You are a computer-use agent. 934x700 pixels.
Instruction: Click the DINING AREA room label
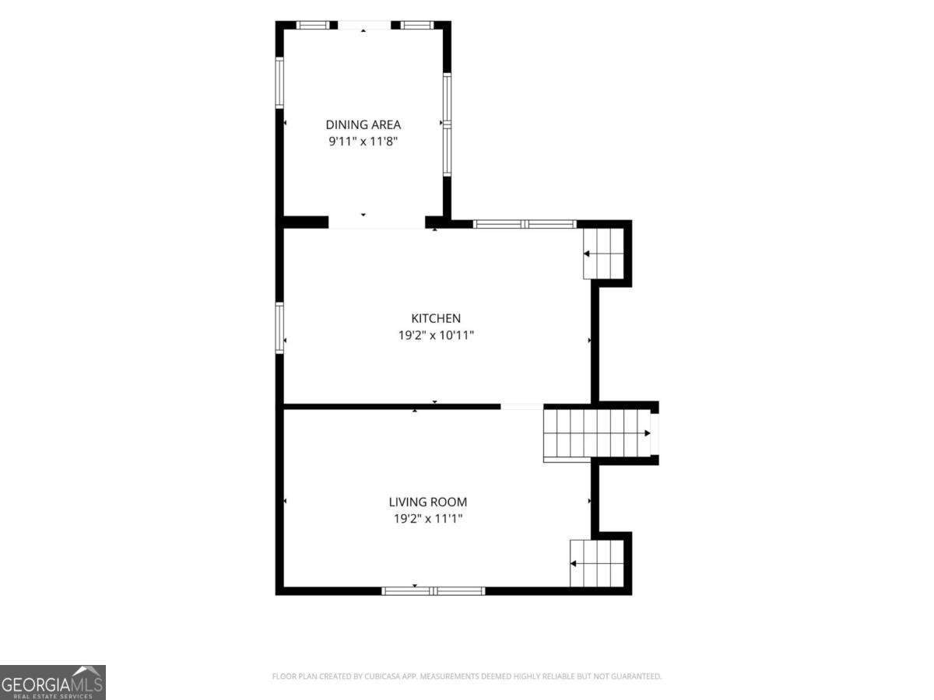click(363, 124)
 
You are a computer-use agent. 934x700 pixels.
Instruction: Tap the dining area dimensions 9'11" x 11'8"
click(363, 141)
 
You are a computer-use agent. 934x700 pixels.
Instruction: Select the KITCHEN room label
click(436, 318)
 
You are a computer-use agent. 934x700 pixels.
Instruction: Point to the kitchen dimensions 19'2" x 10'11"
click(436, 335)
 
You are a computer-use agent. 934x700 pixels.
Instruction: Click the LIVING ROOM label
click(427, 502)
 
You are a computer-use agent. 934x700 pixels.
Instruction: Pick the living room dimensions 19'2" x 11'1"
click(427, 519)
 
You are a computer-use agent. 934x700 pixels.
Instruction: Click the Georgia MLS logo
click(53, 682)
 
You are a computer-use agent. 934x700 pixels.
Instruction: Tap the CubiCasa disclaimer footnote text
click(467, 676)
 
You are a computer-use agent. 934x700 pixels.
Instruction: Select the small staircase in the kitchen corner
click(603, 254)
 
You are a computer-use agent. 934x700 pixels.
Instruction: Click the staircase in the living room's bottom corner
click(597, 563)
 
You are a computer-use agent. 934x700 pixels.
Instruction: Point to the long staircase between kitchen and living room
click(597, 433)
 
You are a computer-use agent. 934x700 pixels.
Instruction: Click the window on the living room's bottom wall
click(434, 591)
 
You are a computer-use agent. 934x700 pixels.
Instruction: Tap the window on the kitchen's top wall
click(525, 224)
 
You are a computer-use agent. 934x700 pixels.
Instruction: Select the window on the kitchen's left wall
click(279, 327)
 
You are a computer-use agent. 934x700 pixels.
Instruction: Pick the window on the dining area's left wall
click(279, 82)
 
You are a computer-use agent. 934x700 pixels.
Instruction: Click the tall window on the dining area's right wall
click(447, 124)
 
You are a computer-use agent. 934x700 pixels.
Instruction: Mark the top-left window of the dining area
click(313, 25)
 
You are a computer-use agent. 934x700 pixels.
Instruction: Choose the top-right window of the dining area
click(417, 25)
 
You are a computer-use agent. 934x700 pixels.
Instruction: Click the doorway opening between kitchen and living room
click(522, 407)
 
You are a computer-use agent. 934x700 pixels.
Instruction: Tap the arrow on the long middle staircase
click(647, 433)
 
